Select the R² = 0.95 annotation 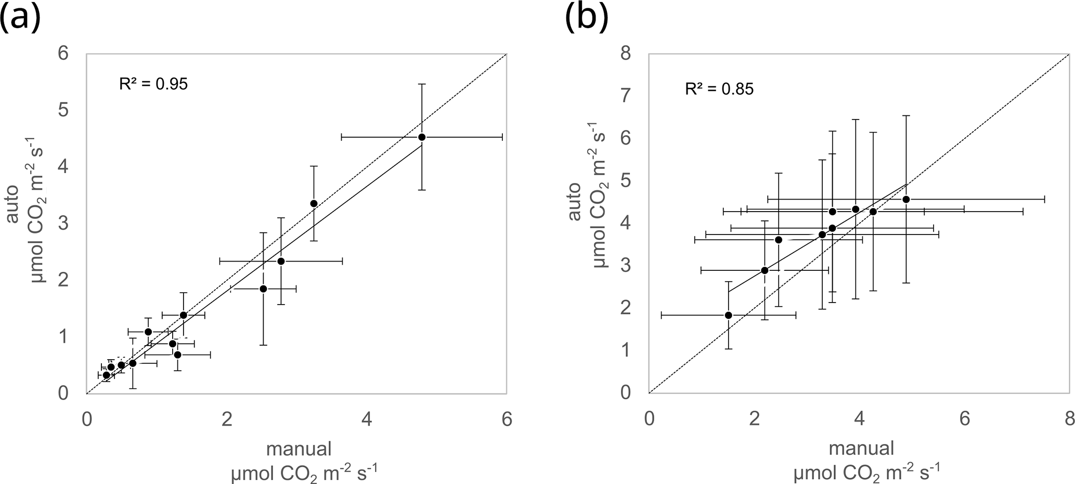(x=153, y=84)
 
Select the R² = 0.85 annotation (x=719, y=89)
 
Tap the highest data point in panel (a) (x=422, y=137)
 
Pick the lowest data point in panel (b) (x=728, y=315)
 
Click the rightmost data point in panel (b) (x=906, y=199)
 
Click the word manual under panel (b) (x=861, y=449)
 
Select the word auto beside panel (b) (x=574, y=202)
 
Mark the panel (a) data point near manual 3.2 (x=314, y=203)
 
